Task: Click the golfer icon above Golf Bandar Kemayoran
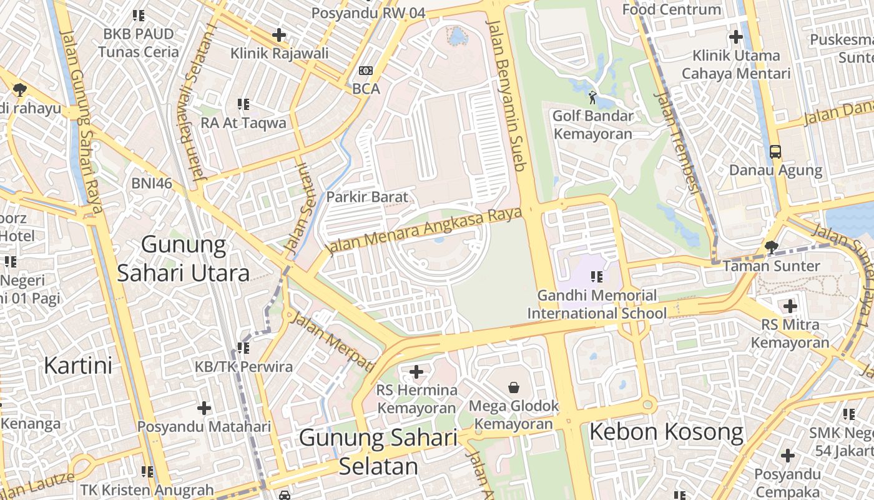pyautogui.click(x=592, y=97)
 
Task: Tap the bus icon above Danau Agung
pyautogui.click(x=775, y=151)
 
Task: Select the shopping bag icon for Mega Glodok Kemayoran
pyautogui.click(x=514, y=387)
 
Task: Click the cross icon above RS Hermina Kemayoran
pyautogui.click(x=416, y=372)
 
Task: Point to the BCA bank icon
pyautogui.click(x=366, y=71)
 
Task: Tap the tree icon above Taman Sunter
pyautogui.click(x=772, y=247)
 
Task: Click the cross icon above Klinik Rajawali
pyautogui.click(x=279, y=35)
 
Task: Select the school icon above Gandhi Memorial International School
pyautogui.click(x=597, y=276)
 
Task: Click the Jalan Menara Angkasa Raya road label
pyautogui.click(x=425, y=231)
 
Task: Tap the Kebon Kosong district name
pyautogui.click(x=666, y=432)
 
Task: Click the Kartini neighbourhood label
pyautogui.click(x=78, y=366)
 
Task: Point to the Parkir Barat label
pyautogui.click(x=367, y=197)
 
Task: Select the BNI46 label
pyautogui.click(x=152, y=183)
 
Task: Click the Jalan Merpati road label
pyautogui.click(x=334, y=341)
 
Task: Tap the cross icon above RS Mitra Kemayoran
pyautogui.click(x=790, y=306)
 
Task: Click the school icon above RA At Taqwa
pyautogui.click(x=243, y=104)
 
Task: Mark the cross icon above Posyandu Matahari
pyautogui.click(x=204, y=408)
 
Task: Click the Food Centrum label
pyautogui.click(x=672, y=9)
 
